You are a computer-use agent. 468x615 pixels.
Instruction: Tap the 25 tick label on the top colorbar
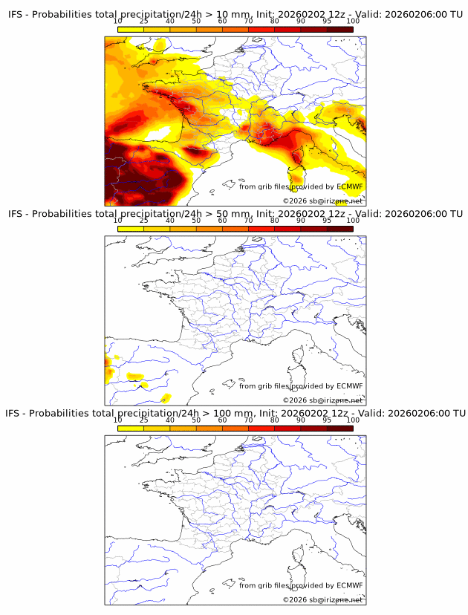tap(144, 22)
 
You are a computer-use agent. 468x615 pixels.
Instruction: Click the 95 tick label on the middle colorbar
tap(327, 221)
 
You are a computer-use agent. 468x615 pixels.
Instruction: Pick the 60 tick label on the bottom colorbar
tap(222, 420)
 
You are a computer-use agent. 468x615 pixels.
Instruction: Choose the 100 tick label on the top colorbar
tap(353, 22)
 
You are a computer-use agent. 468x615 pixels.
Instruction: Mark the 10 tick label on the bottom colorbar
tap(117, 420)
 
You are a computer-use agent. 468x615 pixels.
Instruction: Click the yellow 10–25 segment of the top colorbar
tap(131, 29)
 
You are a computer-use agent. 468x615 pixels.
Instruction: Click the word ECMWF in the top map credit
tap(350, 186)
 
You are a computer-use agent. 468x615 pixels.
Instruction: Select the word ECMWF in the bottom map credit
tap(350, 585)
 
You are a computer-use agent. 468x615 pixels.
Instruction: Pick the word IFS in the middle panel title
tap(16, 214)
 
